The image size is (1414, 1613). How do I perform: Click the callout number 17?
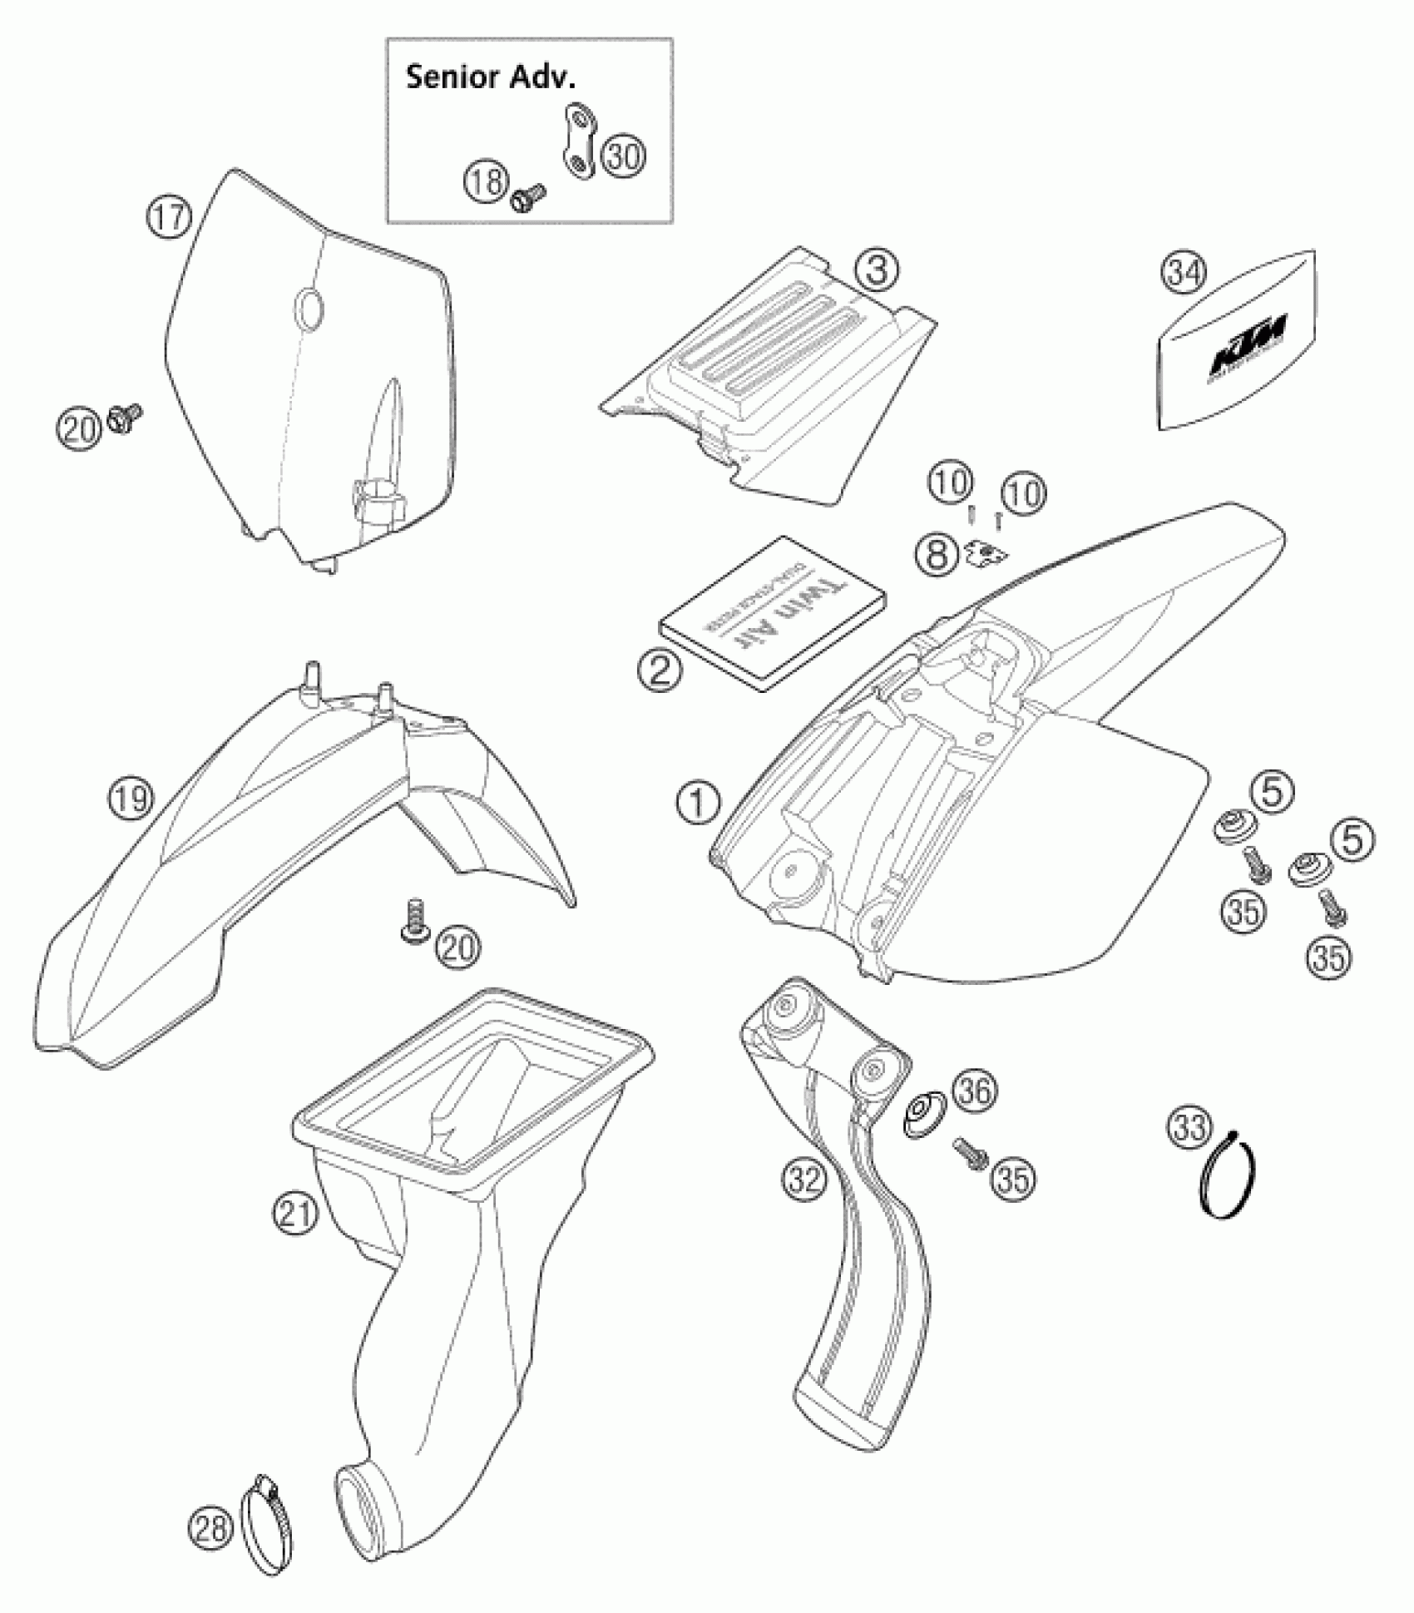169,218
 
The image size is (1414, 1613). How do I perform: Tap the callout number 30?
623,155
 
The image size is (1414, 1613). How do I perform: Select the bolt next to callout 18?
527,200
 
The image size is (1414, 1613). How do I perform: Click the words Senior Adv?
490,78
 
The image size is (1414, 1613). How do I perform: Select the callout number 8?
937,552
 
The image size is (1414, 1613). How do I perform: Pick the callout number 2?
660,670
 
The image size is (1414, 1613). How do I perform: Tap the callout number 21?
297,1214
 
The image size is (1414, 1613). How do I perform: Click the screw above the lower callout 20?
413,921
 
